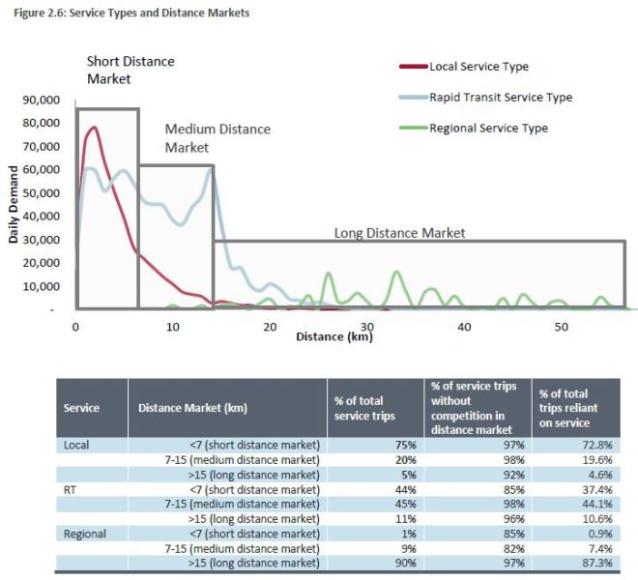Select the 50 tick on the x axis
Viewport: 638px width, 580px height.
pos(562,327)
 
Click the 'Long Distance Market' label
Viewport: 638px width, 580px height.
pos(400,233)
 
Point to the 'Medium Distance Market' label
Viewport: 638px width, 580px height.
pos(217,137)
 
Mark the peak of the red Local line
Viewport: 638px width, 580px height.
pos(94,128)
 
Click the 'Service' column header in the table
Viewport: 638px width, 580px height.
pos(80,407)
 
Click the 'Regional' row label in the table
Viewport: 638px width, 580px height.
pos(84,534)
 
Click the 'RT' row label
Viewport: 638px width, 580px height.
pos(71,489)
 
